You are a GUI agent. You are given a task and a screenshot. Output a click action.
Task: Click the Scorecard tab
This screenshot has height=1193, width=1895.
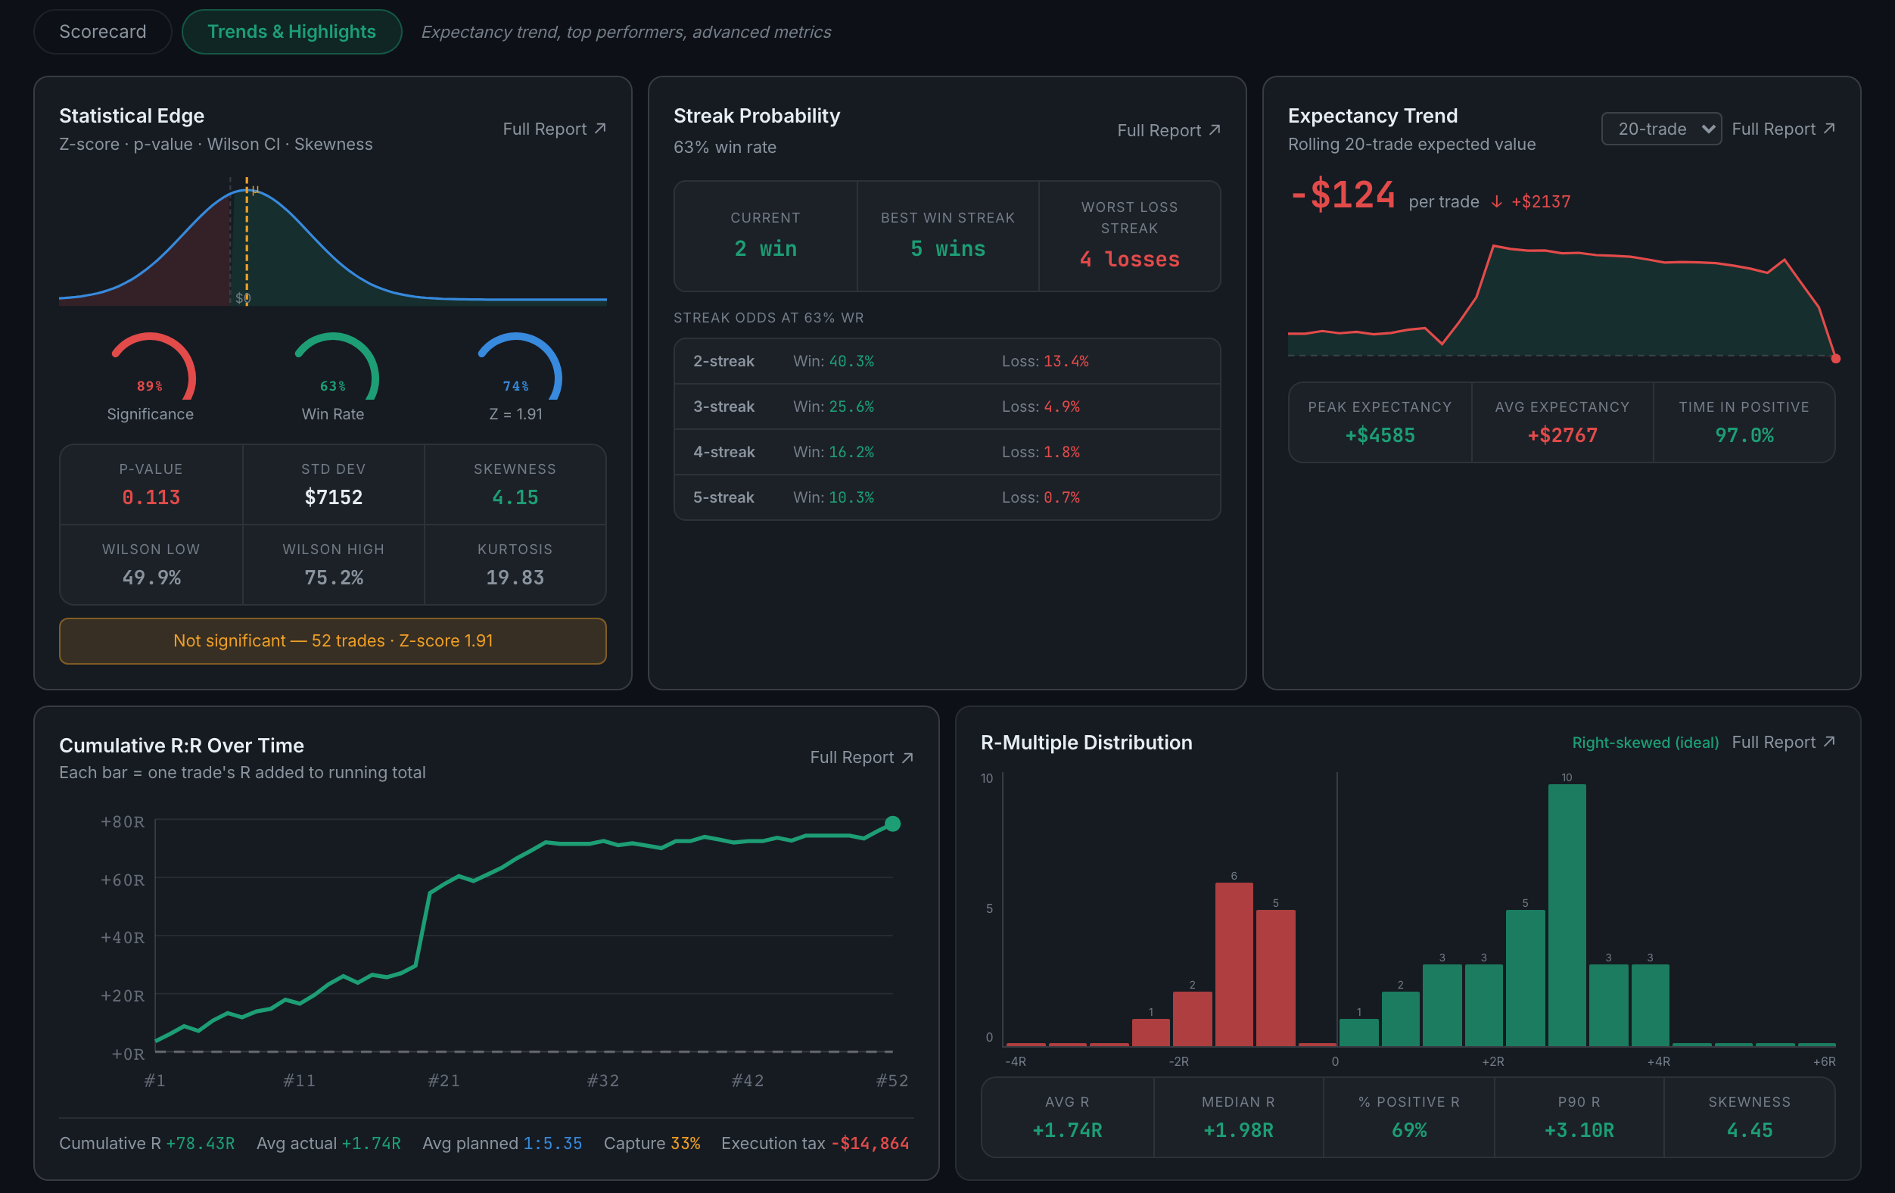tap(102, 32)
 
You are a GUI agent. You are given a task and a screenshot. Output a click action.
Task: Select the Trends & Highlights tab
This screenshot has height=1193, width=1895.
tap(291, 32)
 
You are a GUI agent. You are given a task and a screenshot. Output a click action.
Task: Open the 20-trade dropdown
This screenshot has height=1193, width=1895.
tap(1660, 129)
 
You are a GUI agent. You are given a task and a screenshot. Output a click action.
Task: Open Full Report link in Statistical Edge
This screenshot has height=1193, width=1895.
tap(554, 129)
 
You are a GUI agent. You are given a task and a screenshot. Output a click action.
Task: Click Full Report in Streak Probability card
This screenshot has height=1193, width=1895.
tap(1168, 131)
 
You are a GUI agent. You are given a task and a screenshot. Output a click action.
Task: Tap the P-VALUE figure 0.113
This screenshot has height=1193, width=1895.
tap(151, 497)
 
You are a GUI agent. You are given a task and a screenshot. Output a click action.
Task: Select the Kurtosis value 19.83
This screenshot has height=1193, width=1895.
tap(515, 578)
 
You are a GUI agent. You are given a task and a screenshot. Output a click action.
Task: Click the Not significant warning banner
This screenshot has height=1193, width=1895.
tap(333, 640)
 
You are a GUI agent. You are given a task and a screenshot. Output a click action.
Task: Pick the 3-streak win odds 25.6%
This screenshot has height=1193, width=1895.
tap(851, 406)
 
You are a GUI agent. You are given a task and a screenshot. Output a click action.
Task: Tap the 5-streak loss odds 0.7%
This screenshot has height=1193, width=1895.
tap(1062, 497)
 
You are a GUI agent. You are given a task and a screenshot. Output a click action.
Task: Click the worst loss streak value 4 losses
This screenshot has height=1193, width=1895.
tap(1129, 259)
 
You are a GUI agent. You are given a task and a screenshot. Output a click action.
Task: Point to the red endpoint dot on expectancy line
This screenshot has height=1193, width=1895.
tap(1835, 359)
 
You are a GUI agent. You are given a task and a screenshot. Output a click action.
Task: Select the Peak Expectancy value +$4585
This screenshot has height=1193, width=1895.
tap(1380, 435)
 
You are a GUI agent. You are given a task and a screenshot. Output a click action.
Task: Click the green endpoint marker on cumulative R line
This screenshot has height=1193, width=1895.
tap(892, 824)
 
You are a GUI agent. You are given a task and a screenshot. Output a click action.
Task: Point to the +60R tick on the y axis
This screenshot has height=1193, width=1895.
tap(123, 880)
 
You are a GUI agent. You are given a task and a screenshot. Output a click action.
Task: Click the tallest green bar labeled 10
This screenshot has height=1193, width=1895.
tap(1567, 915)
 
